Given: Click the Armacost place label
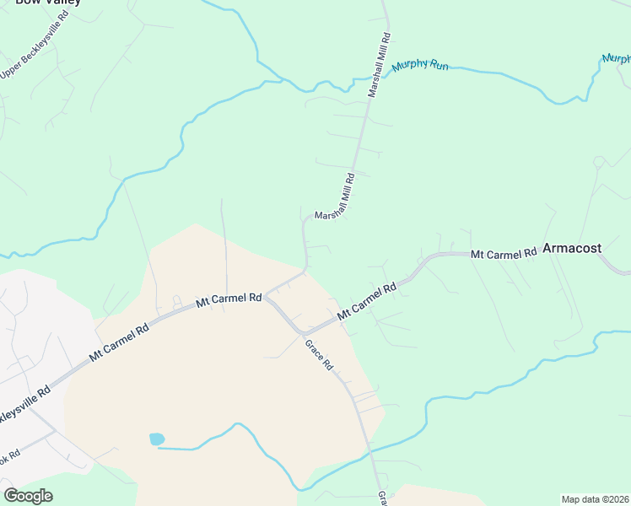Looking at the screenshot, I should tap(572, 249).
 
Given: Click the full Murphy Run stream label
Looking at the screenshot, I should tap(420, 65).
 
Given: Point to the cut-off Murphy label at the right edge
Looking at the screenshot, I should tap(617, 58).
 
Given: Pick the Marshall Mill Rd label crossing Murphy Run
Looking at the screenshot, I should tap(380, 66).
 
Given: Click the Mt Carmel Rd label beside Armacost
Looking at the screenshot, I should tap(504, 253).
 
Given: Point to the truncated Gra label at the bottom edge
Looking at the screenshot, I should tap(382, 498).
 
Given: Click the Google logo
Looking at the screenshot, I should tap(28, 496).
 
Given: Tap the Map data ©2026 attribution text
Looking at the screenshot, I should tap(596, 499).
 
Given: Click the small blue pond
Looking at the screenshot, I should tap(156, 439).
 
